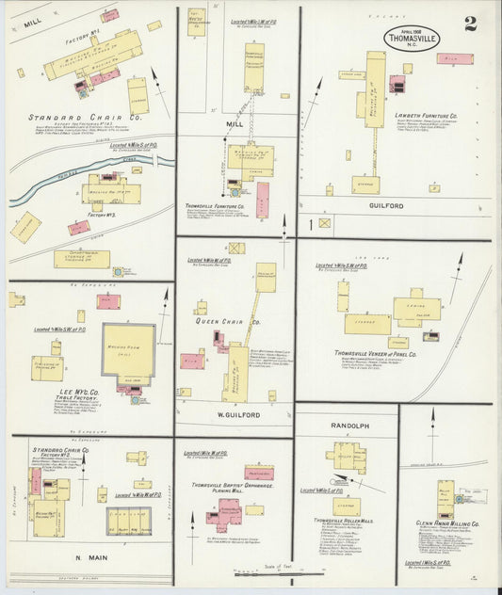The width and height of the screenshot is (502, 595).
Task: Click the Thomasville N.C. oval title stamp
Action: tap(411, 38)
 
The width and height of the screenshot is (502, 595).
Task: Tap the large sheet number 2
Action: tap(471, 24)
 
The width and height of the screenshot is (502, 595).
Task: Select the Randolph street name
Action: tap(347, 426)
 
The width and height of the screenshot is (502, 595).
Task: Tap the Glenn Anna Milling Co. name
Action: tap(447, 523)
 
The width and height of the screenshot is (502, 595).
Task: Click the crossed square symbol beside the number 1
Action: tap(325, 224)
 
